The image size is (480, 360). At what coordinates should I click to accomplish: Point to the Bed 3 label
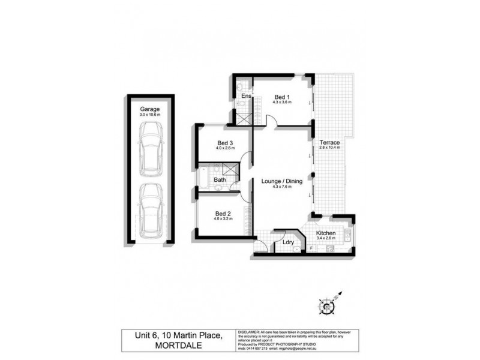click(224, 143)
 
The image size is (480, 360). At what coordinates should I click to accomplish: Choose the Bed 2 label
click(223, 213)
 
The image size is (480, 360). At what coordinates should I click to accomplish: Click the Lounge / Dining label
click(282, 181)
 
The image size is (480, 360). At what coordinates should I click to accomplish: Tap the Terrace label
click(330, 142)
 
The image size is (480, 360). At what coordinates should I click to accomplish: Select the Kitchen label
click(326, 233)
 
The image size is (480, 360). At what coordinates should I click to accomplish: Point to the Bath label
click(220, 179)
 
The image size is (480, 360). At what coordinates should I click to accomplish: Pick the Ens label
click(245, 96)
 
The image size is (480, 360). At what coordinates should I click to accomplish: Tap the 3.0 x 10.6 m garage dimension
click(149, 115)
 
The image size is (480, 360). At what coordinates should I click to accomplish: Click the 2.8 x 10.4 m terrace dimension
click(330, 148)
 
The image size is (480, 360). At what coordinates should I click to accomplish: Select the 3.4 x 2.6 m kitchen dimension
click(326, 238)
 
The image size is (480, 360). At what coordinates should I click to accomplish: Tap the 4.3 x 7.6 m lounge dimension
click(282, 187)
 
